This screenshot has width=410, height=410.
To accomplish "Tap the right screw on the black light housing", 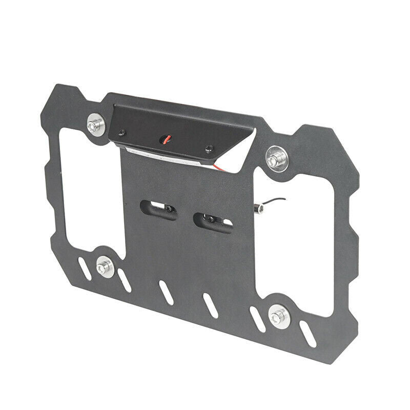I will pyautogui.click(x=208, y=149).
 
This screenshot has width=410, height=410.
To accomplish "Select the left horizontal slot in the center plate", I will pyautogui.click(x=159, y=209).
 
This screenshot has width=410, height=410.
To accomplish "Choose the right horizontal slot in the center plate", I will pyautogui.click(x=213, y=221).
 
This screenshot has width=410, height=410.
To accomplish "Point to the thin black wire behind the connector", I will pyautogui.click(x=274, y=200).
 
